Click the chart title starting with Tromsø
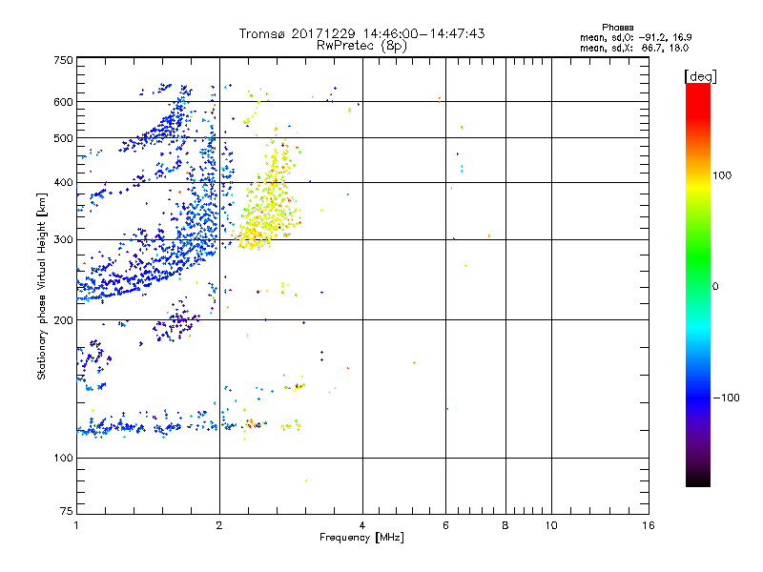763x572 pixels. (x=361, y=33)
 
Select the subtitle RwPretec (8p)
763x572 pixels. (x=361, y=45)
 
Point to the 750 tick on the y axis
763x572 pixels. (x=63, y=60)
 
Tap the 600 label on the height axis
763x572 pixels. (x=63, y=102)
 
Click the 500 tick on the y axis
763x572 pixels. (x=63, y=138)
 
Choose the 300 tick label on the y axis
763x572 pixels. (x=63, y=239)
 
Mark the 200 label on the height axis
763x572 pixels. (x=63, y=320)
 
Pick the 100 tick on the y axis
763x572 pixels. (x=63, y=459)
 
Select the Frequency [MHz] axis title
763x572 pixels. (x=361, y=539)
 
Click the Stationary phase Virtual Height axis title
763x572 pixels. (x=42, y=286)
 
